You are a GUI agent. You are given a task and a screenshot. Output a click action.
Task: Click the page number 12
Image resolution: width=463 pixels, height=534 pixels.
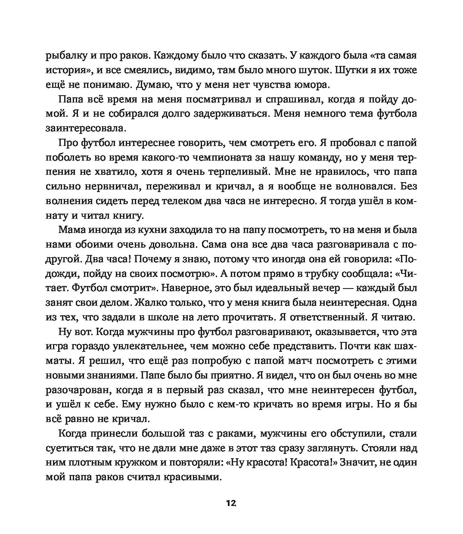[x=231, y=503]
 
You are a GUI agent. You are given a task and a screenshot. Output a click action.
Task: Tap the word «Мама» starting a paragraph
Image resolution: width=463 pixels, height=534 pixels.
[x=71, y=230]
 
